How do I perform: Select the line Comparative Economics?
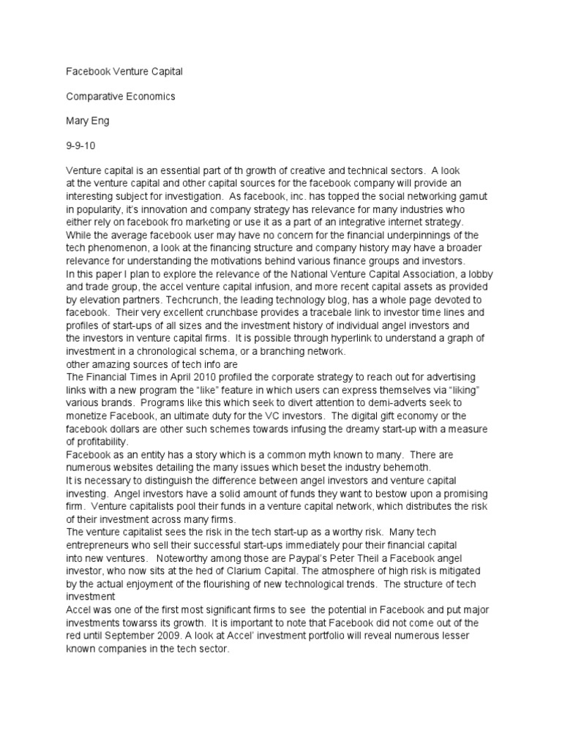coord(110,96)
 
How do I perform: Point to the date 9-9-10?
coord(78,143)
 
